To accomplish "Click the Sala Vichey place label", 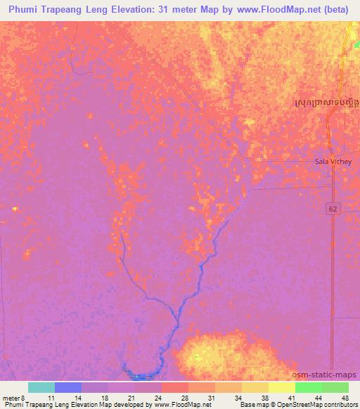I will (x=331, y=161).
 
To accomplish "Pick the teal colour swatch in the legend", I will (x=41, y=387).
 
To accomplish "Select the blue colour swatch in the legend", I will (x=68, y=387).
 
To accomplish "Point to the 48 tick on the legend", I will (x=344, y=398).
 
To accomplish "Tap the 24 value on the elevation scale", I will (x=158, y=398).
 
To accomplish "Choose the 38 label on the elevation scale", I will (x=265, y=398).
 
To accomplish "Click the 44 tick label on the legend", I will (x=319, y=398).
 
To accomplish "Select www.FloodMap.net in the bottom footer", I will (x=181, y=405).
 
